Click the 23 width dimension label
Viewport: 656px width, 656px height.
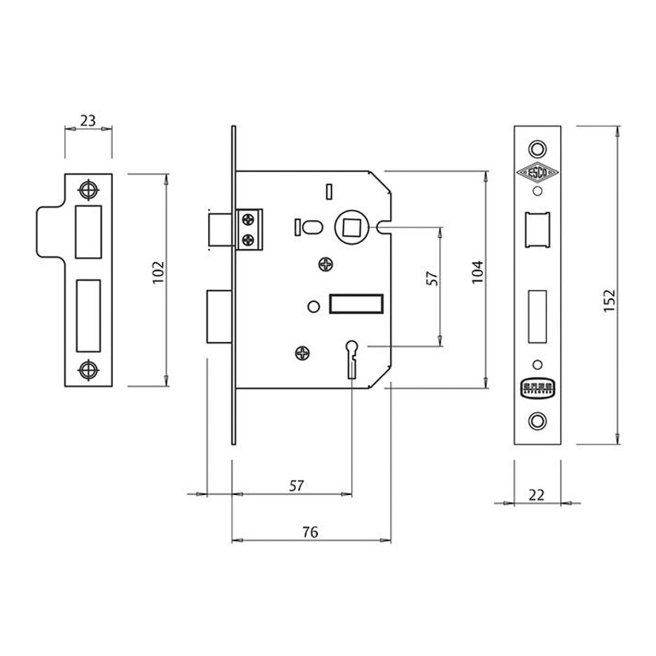87,121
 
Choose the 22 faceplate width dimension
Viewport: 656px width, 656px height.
537,495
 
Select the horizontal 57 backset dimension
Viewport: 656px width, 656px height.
295,485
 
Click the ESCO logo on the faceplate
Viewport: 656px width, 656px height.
538,173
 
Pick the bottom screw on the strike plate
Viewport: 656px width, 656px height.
88,370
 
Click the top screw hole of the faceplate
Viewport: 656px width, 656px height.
538,148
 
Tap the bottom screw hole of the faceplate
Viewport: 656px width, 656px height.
538,420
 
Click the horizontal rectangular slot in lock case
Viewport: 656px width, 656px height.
355,304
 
